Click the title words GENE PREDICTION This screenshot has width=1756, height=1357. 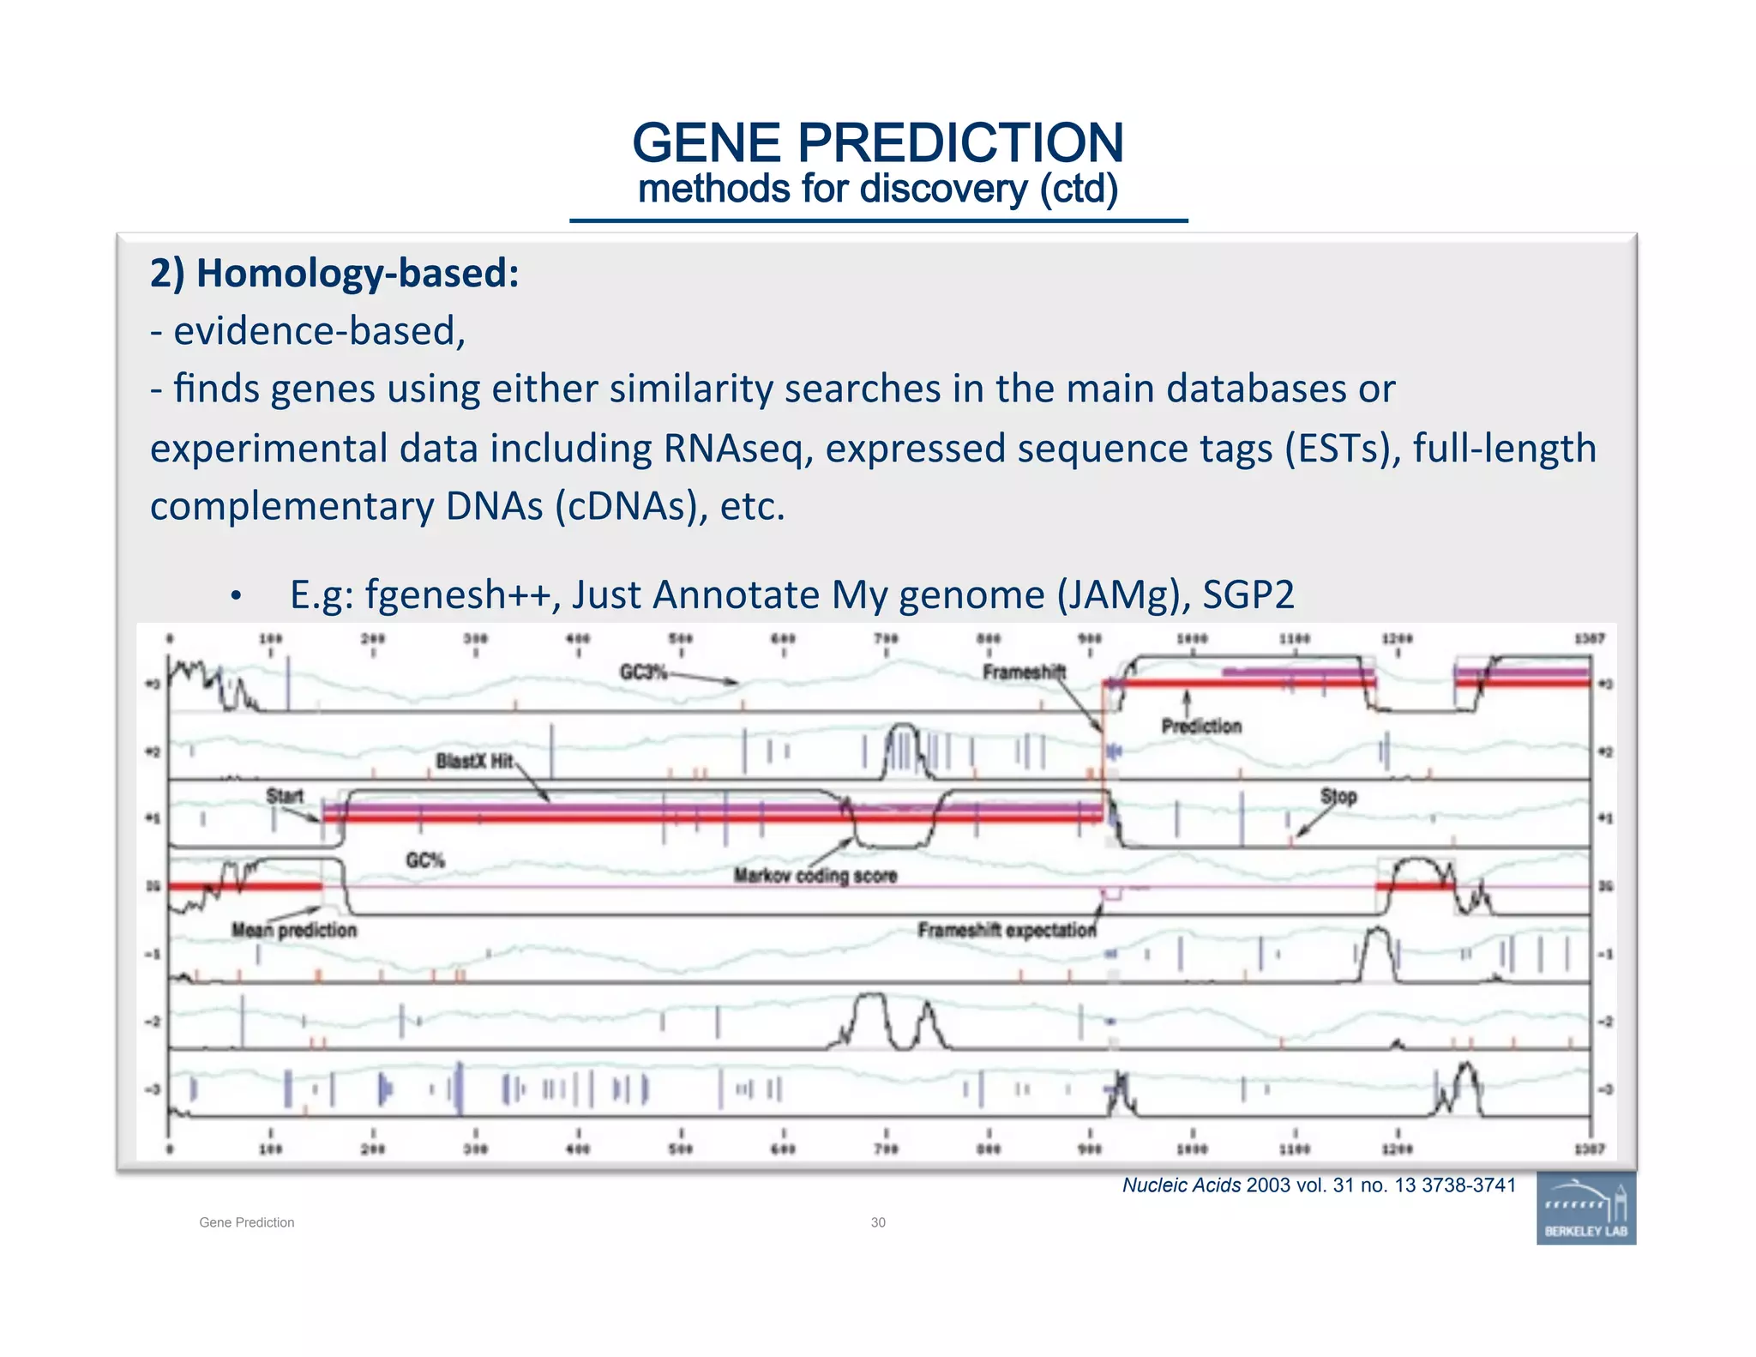tap(877, 142)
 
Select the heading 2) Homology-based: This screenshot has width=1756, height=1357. tap(334, 274)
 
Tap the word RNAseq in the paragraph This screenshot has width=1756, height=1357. tap(737, 449)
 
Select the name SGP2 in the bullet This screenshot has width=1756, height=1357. tap(1248, 594)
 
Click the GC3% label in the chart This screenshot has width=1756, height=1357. tap(643, 672)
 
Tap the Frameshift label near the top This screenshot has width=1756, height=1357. tap(1024, 672)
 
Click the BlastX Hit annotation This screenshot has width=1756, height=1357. tap(474, 761)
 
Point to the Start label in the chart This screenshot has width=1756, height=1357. tap(285, 795)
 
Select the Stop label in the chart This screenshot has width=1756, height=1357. tap(1338, 796)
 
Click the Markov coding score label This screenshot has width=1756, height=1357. tap(815, 876)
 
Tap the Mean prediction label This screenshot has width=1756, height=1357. tap(294, 930)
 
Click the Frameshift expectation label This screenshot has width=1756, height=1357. tap(1007, 930)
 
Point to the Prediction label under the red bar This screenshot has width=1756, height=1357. tap(1201, 726)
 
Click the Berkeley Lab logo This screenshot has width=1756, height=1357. tap(1585, 1208)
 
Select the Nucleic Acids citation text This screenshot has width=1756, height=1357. tap(1319, 1185)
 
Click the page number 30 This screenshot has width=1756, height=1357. tap(878, 1222)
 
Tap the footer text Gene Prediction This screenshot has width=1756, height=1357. tap(247, 1222)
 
